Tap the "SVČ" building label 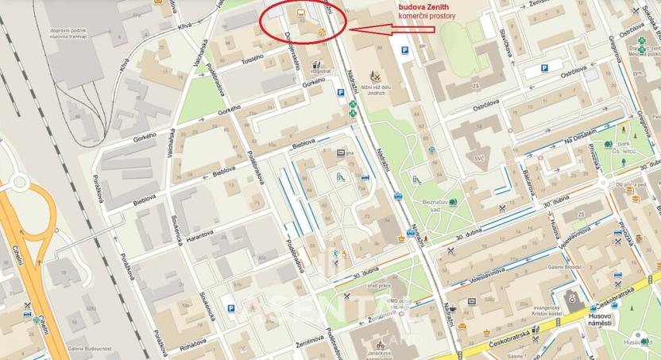click(479, 159)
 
